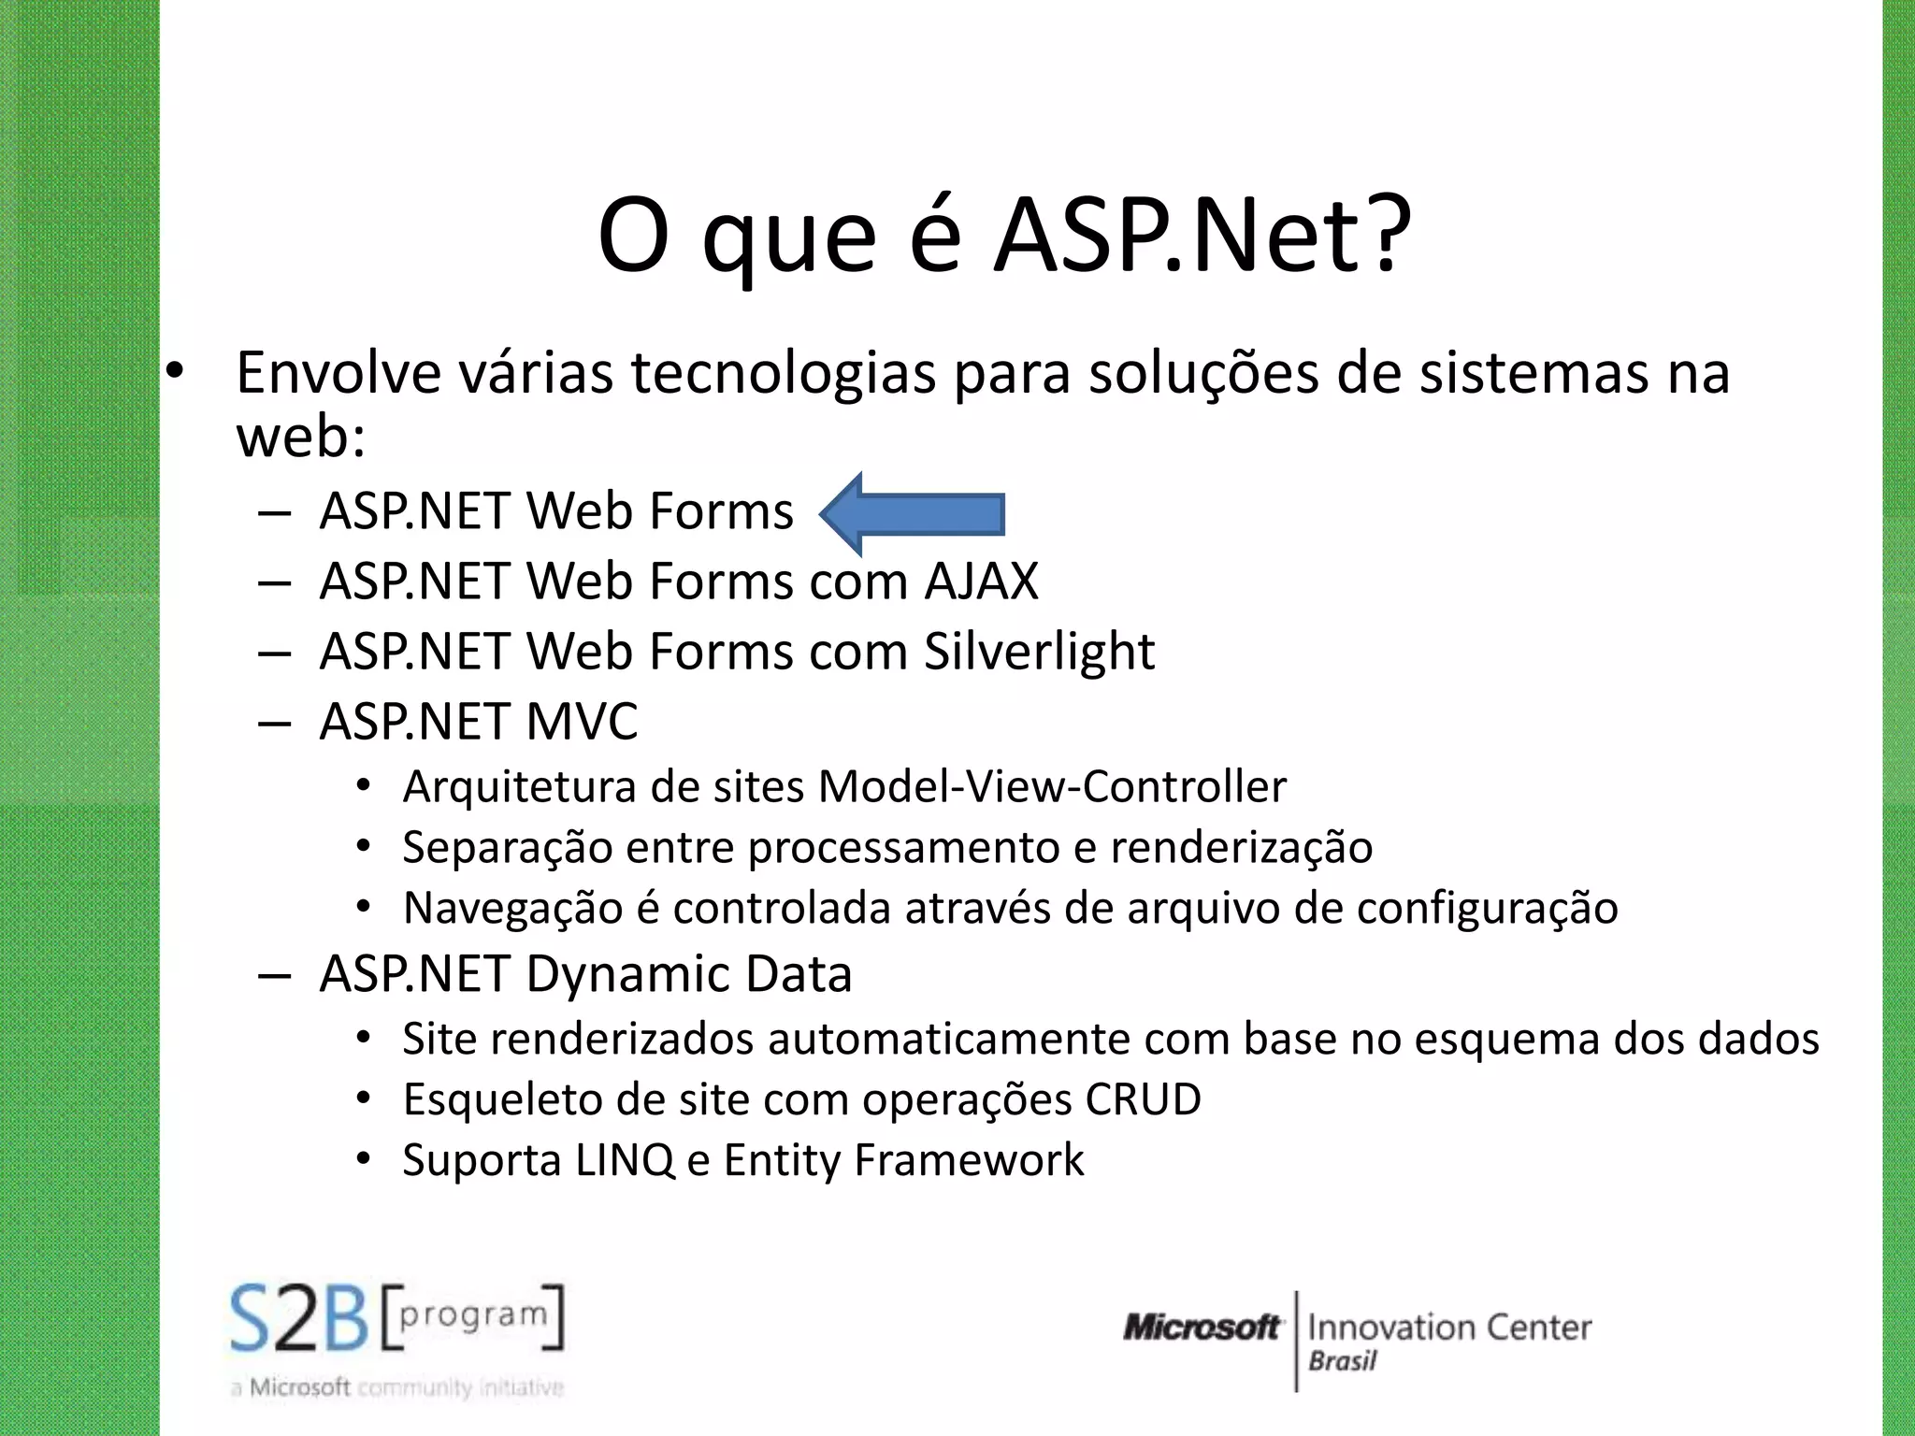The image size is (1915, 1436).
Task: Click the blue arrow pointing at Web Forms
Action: click(x=912, y=513)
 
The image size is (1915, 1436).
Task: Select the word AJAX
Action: click(x=981, y=582)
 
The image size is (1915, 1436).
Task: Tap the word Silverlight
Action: click(x=1039, y=652)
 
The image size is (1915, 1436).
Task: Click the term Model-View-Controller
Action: click(x=1052, y=787)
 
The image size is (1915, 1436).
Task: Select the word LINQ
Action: click(x=625, y=1160)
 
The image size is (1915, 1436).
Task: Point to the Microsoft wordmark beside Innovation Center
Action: click(x=1202, y=1328)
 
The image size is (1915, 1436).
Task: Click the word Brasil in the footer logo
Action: click(x=1342, y=1361)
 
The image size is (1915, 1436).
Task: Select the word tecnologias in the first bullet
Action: click(x=784, y=373)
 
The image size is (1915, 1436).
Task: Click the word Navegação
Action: click(x=512, y=909)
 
